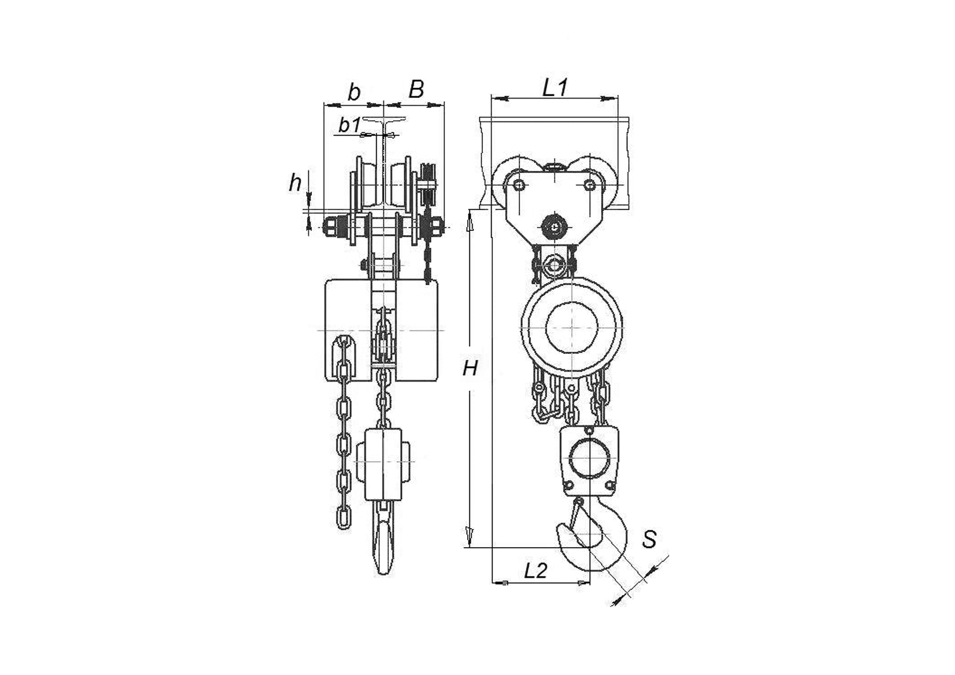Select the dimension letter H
tap(470, 369)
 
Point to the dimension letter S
tap(650, 539)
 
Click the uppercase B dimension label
tap(416, 89)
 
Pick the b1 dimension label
tap(349, 125)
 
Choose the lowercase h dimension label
tap(295, 183)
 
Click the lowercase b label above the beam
tap(354, 92)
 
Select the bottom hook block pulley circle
tap(589, 458)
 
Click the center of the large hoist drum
tap(572, 326)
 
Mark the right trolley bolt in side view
tap(590, 186)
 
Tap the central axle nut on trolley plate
tap(555, 226)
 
